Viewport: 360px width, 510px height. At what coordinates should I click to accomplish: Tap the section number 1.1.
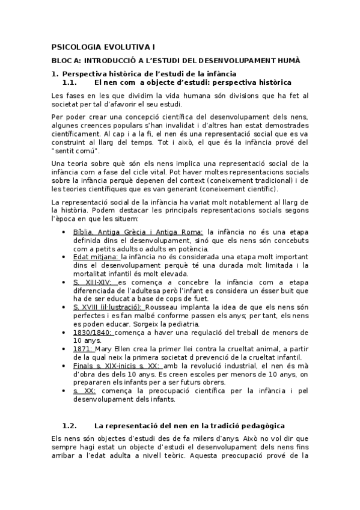click(70, 82)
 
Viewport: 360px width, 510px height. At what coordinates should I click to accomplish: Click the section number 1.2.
click(70, 426)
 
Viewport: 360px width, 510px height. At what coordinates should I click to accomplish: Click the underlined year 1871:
click(82, 348)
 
